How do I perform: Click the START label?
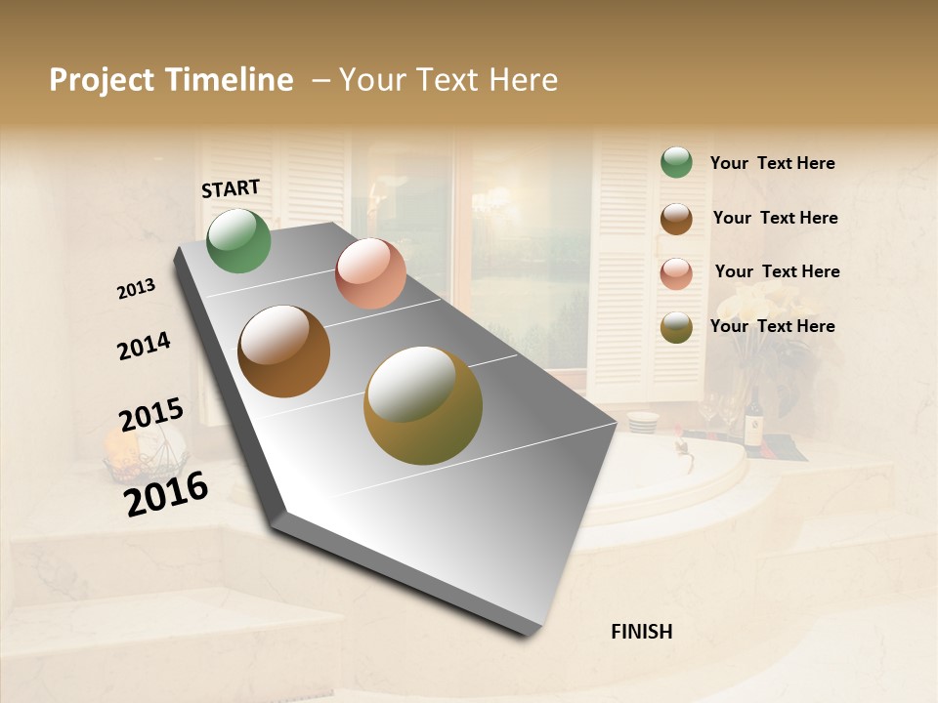tap(231, 188)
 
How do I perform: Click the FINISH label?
tap(641, 632)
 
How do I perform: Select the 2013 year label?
tap(137, 289)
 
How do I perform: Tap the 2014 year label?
tap(145, 346)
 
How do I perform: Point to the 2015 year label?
tap(151, 415)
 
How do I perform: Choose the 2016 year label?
tap(166, 494)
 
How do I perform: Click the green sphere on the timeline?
tap(238, 241)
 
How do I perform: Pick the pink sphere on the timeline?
tap(370, 273)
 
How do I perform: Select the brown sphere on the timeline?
tap(284, 351)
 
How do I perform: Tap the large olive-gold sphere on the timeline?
tap(423, 405)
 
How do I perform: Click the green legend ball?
tap(676, 162)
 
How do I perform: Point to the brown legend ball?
tap(676, 218)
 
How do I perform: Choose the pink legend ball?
tap(676, 273)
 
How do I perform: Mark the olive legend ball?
tap(676, 327)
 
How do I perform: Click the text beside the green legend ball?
tap(772, 163)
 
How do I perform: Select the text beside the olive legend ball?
tap(772, 326)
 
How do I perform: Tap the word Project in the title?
tap(103, 80)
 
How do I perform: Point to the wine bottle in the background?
tap(753, 419)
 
